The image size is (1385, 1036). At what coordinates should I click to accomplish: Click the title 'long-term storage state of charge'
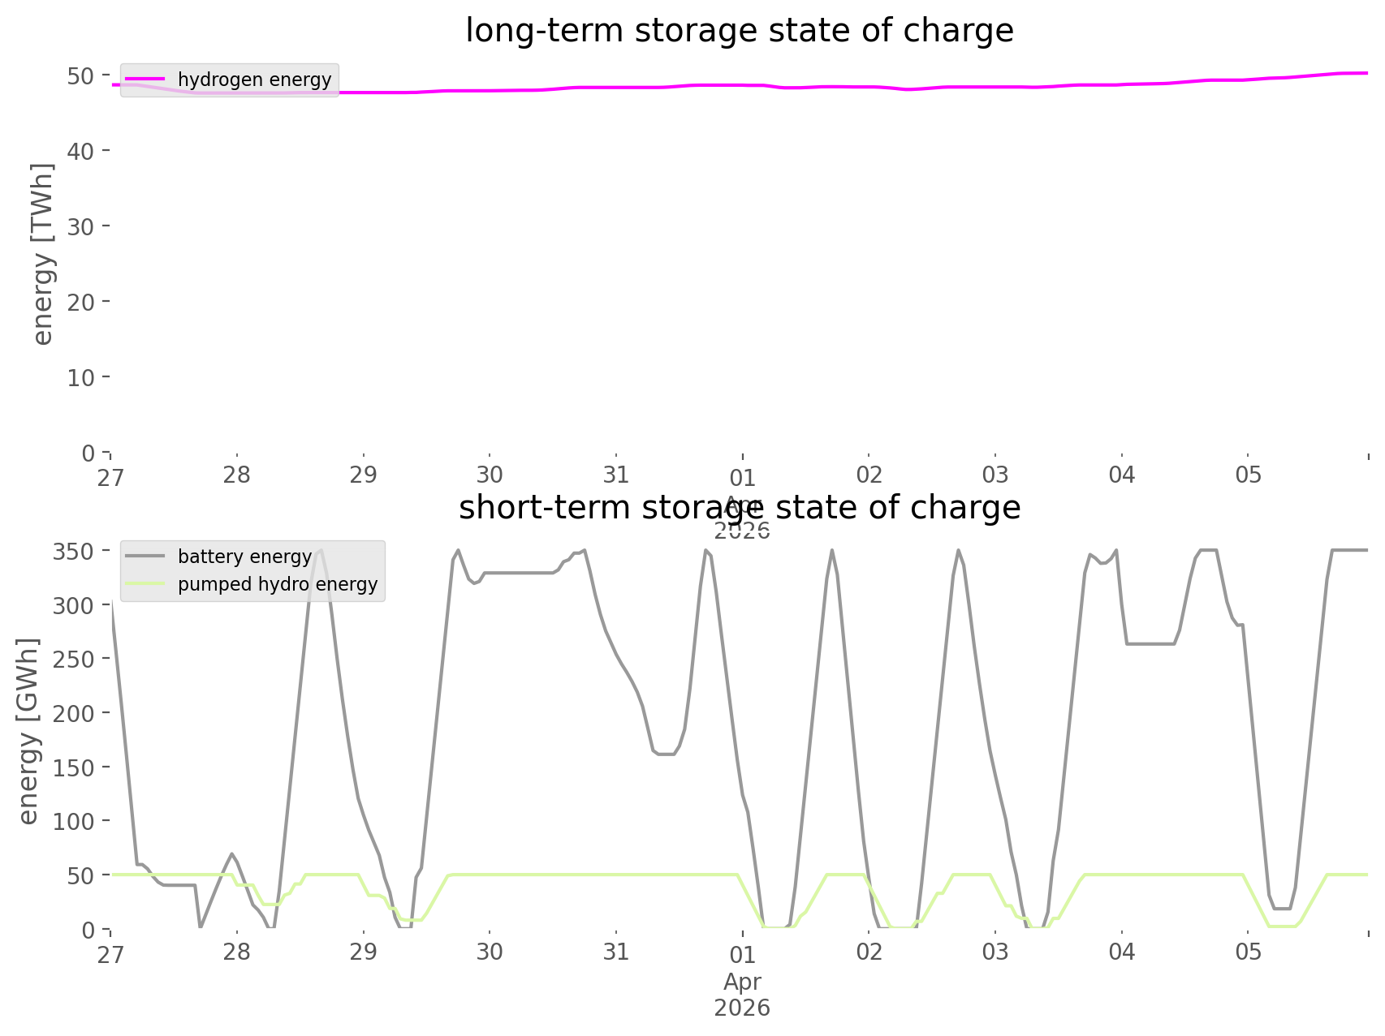pyautogui.click(x=739, y=31)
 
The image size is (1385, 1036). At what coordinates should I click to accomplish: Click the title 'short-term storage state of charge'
pyautogui.click(x=739, y=508)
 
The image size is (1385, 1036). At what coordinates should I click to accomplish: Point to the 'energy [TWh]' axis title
pyautogui.click(x=43, y=254)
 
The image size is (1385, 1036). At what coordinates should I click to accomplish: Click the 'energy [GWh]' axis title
pyautogui.click(x=28, y=731)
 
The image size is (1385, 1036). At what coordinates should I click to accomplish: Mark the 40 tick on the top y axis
pyautogui.click(x=80, y=151)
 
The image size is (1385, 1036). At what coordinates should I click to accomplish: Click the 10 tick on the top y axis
pyautogui.click(x=80, y=377)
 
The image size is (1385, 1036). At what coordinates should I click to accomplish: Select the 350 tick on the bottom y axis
pyautogui.click(x=74, y=552)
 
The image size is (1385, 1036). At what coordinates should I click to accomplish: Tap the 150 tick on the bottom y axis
pyautogui.click(x=74, y=767)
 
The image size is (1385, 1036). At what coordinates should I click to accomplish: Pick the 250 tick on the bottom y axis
pyautogui.click(x=74, y=660)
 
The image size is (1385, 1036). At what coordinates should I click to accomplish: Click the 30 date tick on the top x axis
pyautogui.click(x=490, y=475)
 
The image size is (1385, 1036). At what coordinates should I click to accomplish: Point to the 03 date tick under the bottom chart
pyautogui.click(x=995, y=952)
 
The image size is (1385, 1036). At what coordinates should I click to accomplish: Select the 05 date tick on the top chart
pyautogui.click(x=1249, y=475)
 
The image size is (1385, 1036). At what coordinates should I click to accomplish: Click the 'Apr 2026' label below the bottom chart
pyautogui.click(x=742, y=995)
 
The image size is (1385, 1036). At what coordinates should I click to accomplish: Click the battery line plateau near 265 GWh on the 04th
pyautogui.click(x=1150, y=643)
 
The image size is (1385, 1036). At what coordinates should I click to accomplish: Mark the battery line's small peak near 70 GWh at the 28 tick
pyautogui.click(x=232, y=853)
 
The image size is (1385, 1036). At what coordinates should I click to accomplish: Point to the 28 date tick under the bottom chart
pyautogui.click(x=237, y=952)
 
